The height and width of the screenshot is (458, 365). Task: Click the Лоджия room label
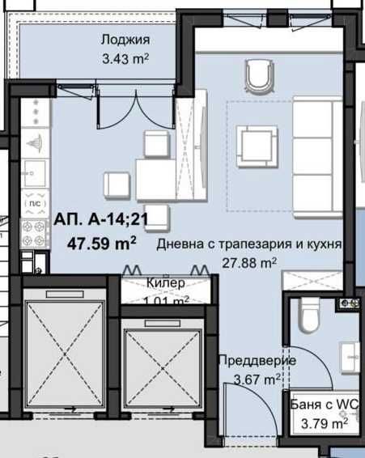(x=125, y=41)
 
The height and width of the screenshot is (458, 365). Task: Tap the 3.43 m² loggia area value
(x=126, y=59)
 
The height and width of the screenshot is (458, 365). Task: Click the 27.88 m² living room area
(x=250, y=262)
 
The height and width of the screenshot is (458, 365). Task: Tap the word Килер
(x=167, y=283)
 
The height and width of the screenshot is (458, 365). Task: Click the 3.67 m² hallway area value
(x=257, y=378)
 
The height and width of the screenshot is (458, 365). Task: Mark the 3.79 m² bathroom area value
(x=323, y=422)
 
